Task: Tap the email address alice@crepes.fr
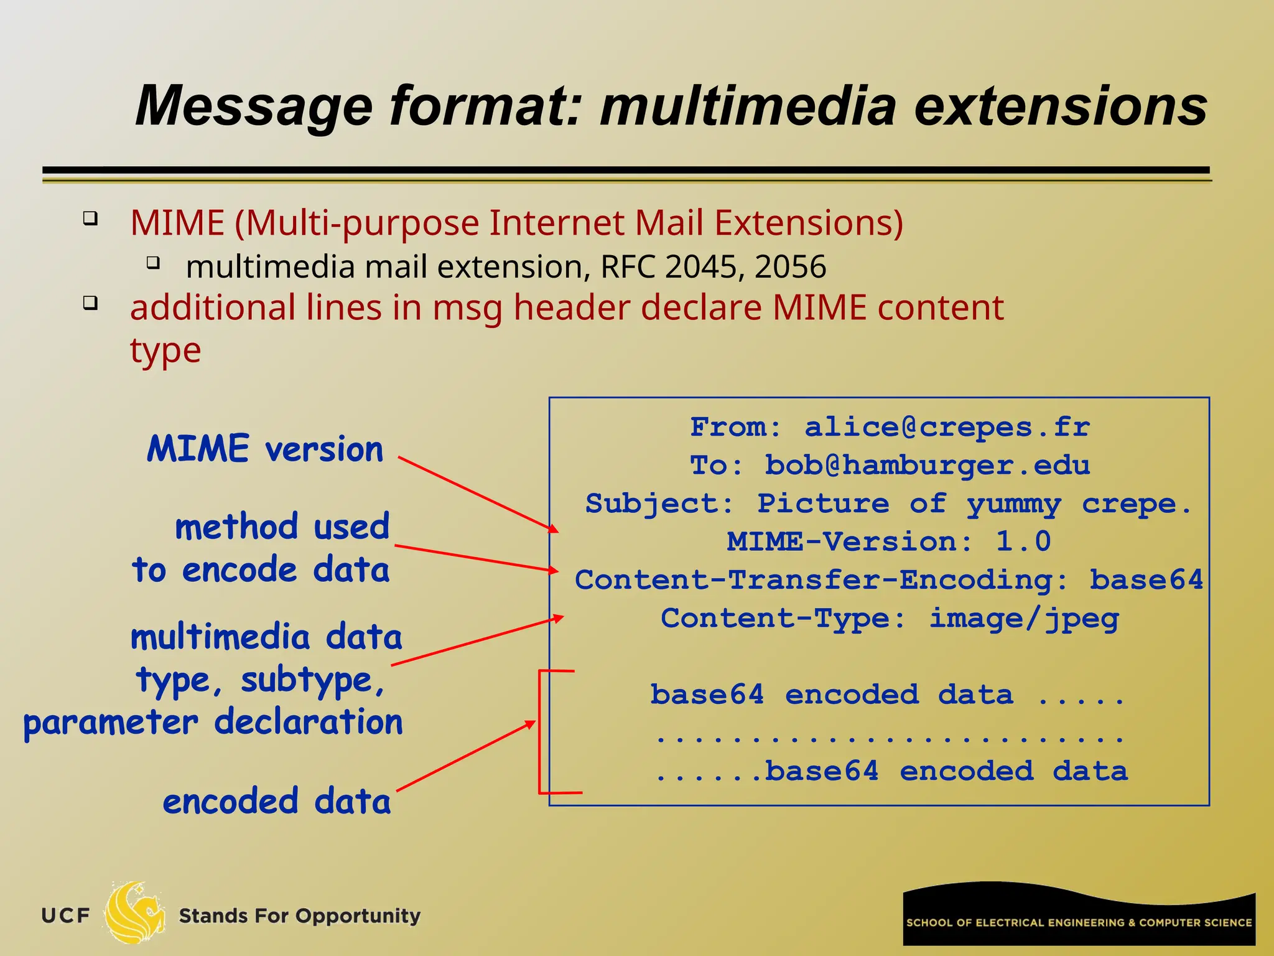[947, 428]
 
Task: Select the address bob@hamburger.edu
[927, 466]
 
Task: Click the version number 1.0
[1023, 541]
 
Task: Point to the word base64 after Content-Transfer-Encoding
[1146, 580]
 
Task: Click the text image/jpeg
[1024, 619]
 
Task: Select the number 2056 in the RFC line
[790, 267]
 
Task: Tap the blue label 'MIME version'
[265, 449]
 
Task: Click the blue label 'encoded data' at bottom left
[277, 801]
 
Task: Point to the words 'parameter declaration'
[213, 723]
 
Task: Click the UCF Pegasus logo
[134, 913]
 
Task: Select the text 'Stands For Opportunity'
[300, 916]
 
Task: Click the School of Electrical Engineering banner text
[1079, 922]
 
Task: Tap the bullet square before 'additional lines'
[91, 304]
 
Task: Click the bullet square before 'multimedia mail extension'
[154, 263]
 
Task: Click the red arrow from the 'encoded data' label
[465, 757]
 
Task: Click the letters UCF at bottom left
[65, 916]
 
